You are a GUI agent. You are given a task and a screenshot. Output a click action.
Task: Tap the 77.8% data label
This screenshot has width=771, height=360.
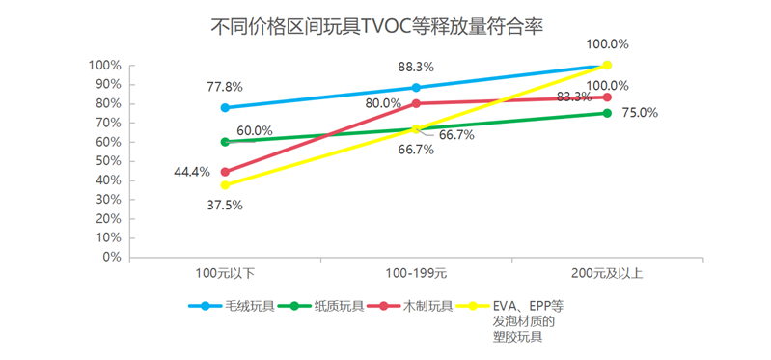[x=224, y=87]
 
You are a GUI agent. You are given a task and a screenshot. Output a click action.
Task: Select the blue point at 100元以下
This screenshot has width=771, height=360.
[x=225, y=107]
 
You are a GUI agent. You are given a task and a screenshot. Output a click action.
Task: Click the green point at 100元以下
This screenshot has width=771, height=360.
[x=225, y=142]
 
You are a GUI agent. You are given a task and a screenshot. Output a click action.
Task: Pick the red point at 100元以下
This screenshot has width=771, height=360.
[x=225, y=172]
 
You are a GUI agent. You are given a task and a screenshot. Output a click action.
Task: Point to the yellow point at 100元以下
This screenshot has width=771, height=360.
[x=225, y=185]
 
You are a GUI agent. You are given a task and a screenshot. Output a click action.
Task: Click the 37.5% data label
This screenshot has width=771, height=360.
[x=224, y=205]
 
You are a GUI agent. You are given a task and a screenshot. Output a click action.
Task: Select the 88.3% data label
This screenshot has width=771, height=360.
[x=416, y=68]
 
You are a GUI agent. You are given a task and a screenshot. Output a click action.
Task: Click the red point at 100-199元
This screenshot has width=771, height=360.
[x=416, y=103]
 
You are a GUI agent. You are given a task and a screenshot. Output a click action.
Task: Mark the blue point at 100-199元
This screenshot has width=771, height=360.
[x=416, y=87]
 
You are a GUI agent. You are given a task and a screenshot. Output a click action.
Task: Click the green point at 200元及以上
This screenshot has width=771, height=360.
[x=607, y=113]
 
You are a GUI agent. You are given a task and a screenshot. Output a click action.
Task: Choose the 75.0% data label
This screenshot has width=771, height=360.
[x=640, y=113]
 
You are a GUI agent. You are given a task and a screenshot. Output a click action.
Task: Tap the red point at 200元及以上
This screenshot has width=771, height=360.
[x=607, y=97]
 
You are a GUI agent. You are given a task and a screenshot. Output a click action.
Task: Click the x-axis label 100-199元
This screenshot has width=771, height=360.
[x=416, y=275]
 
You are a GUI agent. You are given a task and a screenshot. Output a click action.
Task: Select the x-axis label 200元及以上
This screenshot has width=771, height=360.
[x=607, y=275]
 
